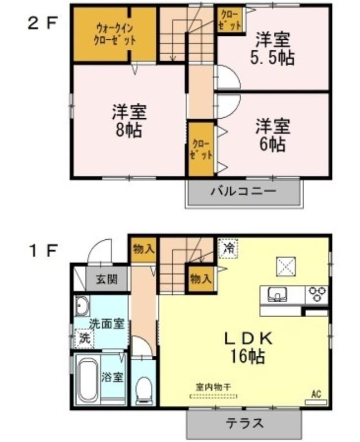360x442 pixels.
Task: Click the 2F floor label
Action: click(x=43, y=23)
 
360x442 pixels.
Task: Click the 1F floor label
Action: click(x=44, y=250)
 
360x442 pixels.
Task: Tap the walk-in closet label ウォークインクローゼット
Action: click(x=114, y=34)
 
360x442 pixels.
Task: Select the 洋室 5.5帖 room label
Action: click(x=272, y=49)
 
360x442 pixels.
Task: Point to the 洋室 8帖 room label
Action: click(x=129, y=120)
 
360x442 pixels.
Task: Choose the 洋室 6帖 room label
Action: click(x=272, y=135)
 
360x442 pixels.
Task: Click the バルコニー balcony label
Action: click(x=243, y=192)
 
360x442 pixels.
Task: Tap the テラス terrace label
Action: click(x=245, y=423)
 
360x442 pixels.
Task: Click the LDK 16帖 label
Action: click(x=248, y=348)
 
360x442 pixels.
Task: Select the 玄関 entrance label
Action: click(x=107, y=279)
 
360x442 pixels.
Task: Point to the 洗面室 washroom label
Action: click(x=107, y=324)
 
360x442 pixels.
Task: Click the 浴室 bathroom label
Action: click(x=112, y=377)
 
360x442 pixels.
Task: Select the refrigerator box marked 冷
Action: click(x=229, y=248)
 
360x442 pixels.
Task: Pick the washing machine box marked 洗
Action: click(x=84, y=339)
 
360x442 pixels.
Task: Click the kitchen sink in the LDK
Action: click(x=278, y=294)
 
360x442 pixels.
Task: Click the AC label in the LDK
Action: click(x=316, y=394)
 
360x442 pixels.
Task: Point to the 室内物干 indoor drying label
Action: click(x=214, y=387)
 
